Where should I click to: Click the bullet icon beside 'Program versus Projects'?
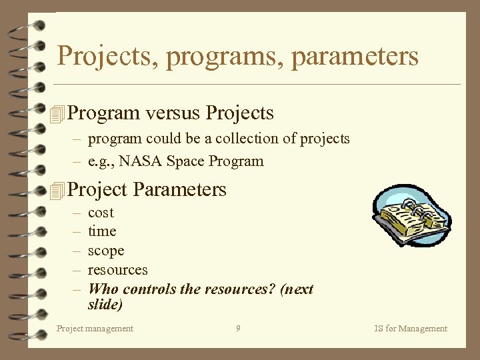[59, 114]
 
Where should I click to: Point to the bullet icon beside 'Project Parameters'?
[59, 191]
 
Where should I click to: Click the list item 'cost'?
[101, 213]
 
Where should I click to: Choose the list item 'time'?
[102, 231]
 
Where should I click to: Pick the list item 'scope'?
[106, 251]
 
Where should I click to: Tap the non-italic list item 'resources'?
[118, 270]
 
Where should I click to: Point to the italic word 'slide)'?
[105, 305]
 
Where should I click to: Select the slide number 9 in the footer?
[238, 328]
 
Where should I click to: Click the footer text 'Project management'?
[95, 328]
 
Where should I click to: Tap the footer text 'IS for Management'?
[411, 328]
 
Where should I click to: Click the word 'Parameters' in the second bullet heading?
[179, 190]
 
